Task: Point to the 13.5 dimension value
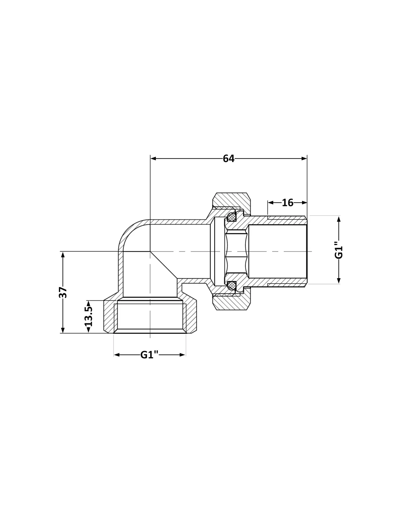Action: click(x=89, y=317)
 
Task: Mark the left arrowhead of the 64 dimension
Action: click(x=153, y=158)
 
